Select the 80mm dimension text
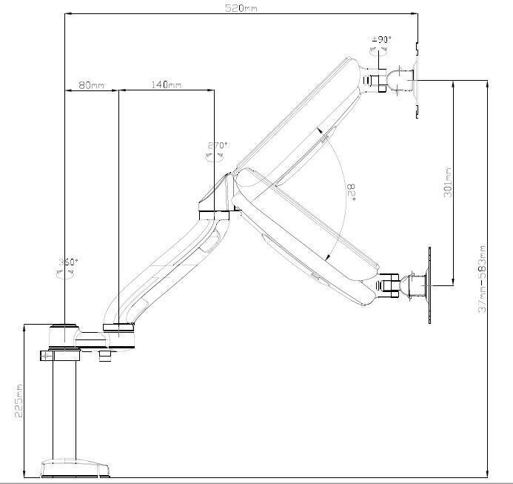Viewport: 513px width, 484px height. (92, 85)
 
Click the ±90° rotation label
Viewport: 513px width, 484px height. (383, 39)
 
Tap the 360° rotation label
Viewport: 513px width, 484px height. (68, 262)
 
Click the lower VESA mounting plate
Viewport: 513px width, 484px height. (428, 283)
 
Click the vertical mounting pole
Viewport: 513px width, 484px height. (65, 408)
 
